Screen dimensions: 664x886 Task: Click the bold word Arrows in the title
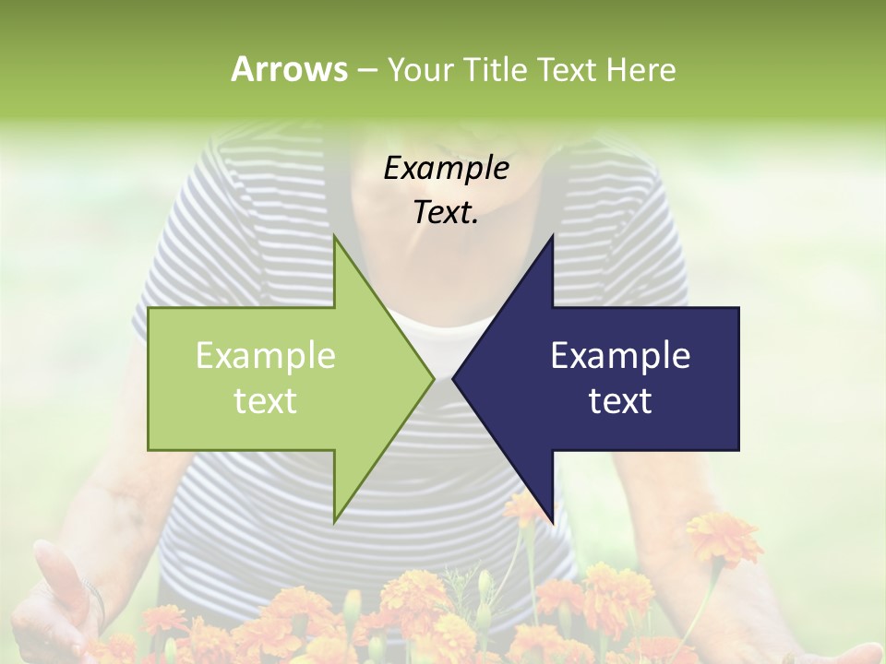click(289, 69)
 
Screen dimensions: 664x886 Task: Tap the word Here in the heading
click(641, 69)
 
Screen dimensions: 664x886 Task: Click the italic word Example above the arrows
click(446, 168)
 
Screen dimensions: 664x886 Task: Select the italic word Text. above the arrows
click(446, 213)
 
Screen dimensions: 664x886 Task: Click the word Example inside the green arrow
click(266, 355)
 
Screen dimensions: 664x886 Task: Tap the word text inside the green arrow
click(266, 400)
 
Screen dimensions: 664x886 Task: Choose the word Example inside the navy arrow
click(620, 355)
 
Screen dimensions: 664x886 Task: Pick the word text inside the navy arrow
click(620, 400)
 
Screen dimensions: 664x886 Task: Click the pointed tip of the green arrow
click(433, 378)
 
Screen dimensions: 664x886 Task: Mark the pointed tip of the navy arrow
click(454, 378)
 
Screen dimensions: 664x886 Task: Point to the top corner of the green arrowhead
click(335, 237)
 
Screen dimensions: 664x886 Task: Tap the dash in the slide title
click(366, 70)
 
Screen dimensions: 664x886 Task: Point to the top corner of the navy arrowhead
click(552, 237)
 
